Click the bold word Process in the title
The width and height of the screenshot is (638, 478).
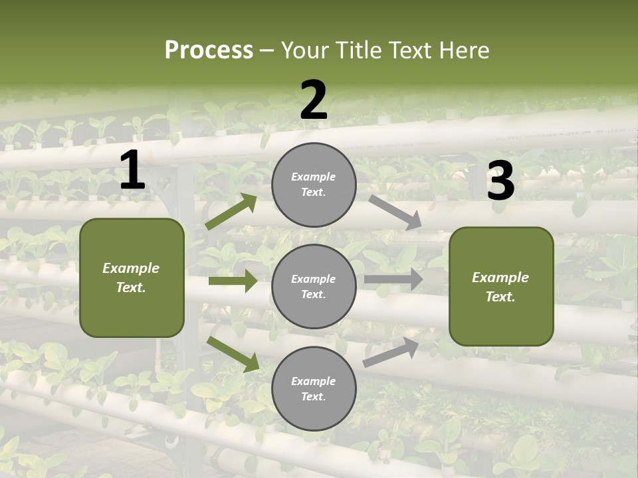click(209, 50)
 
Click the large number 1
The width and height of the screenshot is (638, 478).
click(132, 171)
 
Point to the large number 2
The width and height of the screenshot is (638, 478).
click(314, 100)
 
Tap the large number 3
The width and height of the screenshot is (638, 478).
click(500, 181)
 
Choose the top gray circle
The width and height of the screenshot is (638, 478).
click(314, 185)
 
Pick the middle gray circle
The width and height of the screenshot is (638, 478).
click(314, 286)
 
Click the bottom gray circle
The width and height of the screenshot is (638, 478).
click(314, 388)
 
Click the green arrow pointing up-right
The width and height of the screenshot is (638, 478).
click(231, 211)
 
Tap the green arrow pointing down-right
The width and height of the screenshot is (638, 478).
click(233, 354)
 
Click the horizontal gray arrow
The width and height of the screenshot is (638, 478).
click(393, 279)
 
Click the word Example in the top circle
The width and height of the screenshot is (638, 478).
click(314, 177)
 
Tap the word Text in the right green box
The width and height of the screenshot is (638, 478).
click(500, 297)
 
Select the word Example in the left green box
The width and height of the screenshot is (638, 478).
click(131, 268)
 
